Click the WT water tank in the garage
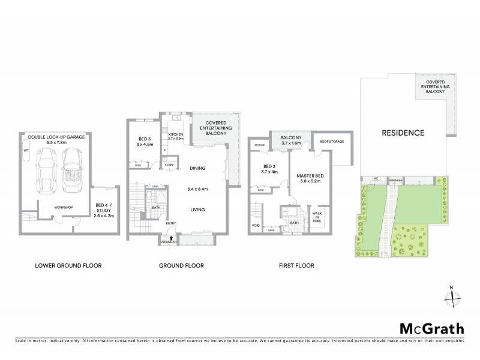(x=26, y=151)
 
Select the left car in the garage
(x=46, y=172)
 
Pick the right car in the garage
(x=74, y=172)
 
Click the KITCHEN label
(x=175, y=135)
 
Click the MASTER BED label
(x=311, y=175)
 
